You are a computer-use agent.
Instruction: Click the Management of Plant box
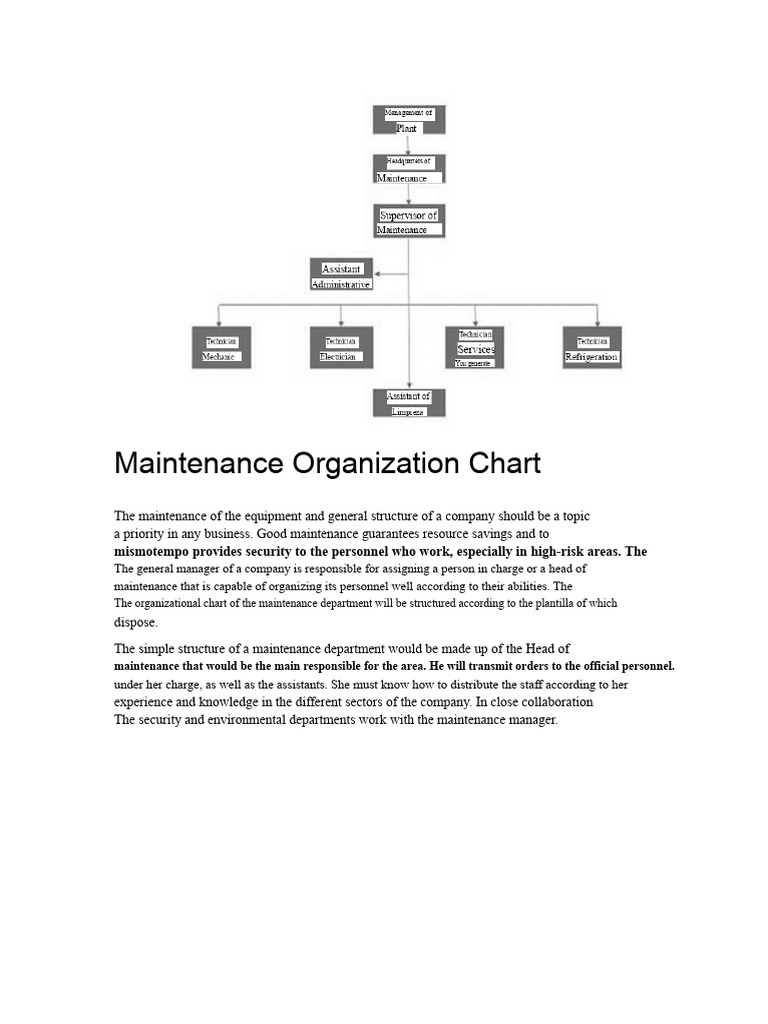(x=408, y=120)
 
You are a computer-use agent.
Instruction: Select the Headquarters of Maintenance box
(x=408, y=169)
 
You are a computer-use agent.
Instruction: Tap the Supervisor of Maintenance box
(x=408, y=222)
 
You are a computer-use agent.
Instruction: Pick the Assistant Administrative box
(x=341, y=275)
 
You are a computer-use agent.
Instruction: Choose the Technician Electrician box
(x=341, y=348)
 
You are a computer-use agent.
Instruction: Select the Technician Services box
(x=475, y=348)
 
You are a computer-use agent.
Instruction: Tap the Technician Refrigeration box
(x=592, y=348)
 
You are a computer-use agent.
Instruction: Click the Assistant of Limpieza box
(x=408, y=403)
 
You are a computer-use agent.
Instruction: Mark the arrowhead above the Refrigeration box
(x=597, y=322)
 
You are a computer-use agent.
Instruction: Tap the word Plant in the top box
(x=406, y=128)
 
